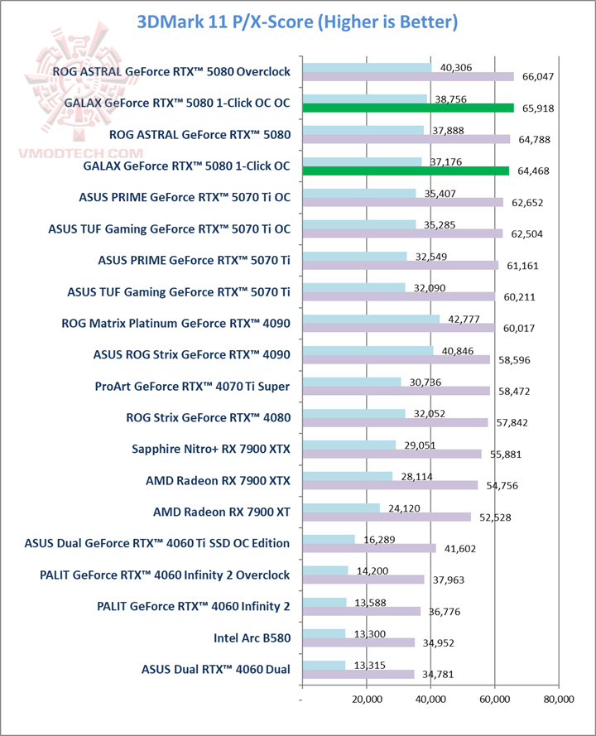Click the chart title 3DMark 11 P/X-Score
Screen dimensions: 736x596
pos(298,22)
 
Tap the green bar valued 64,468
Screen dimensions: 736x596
pos(406,171)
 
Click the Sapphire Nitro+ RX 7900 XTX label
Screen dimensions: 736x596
pos(211,450)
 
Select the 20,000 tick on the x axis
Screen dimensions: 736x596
pos(367,700)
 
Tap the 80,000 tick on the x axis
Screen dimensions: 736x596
pos(558,700)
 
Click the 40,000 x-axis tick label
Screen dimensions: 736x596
pos(430,700)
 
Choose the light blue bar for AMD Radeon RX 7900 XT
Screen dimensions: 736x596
pos(341,508)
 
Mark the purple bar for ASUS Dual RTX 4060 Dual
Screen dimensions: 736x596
pos(358,674)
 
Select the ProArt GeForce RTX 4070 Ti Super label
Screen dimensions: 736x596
pos(198,387)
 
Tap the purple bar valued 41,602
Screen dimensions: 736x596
pos(369,548)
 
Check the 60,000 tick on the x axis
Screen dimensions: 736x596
pos(494,700)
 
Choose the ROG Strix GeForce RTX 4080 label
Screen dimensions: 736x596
pos(208,418)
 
